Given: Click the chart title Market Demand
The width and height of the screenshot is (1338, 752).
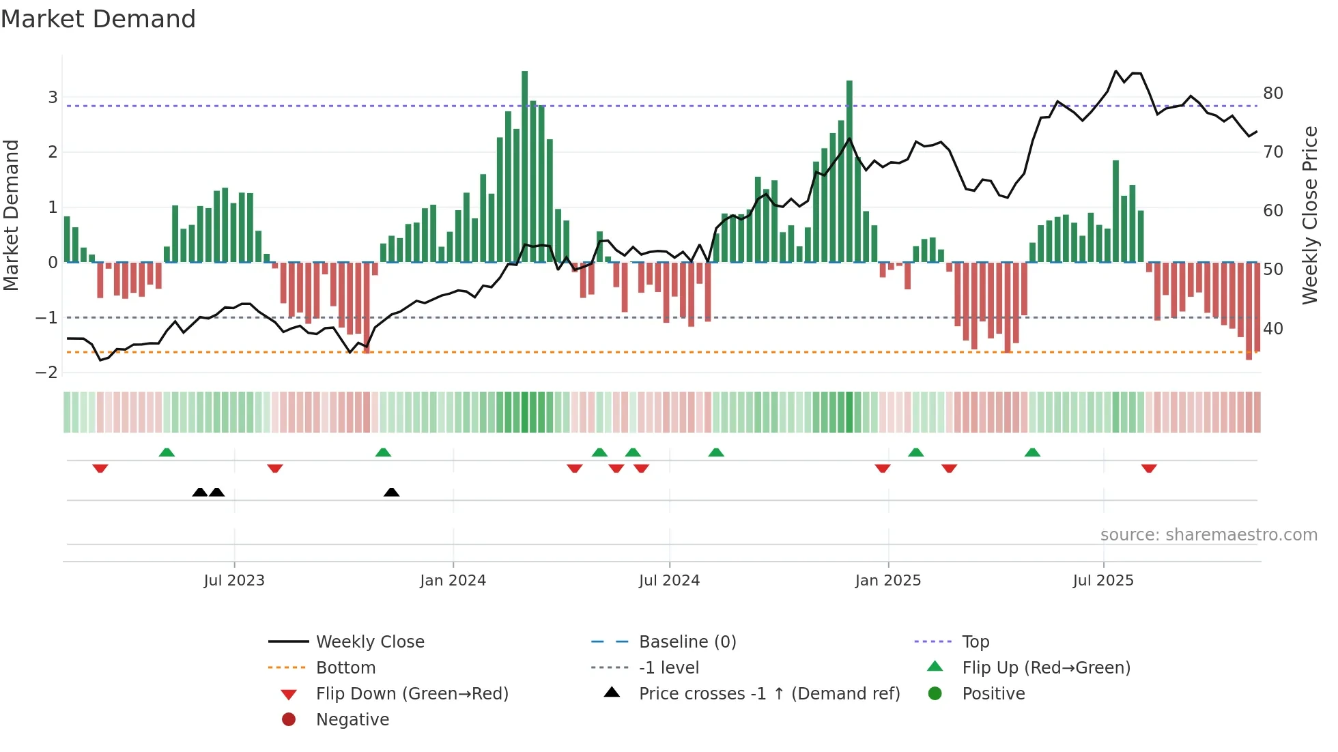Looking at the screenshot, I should tap(98, 19).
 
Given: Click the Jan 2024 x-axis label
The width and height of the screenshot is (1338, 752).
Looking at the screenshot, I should tap(453, 581).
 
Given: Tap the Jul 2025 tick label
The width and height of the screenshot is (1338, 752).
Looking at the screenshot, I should tap(1102, 581).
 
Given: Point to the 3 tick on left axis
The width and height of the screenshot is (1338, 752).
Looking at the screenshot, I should tap(53, 97).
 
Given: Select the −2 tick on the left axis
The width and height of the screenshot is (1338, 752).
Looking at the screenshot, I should tap(47, 373).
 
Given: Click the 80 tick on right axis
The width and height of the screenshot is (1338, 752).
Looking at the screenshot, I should tap(1273, 93).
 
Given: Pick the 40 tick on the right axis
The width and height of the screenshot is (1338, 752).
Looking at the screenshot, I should tap(1273, 328).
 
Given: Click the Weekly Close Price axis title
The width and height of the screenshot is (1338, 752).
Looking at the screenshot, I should tap(1309, 215).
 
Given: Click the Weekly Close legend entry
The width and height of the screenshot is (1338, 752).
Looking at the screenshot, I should tap(369, 642).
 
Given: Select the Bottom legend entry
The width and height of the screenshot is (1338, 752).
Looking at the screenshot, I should tap(345, 668).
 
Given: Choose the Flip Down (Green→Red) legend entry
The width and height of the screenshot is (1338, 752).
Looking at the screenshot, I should tap(412, 694).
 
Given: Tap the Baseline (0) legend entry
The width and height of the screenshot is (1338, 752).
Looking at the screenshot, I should tap(687, 642).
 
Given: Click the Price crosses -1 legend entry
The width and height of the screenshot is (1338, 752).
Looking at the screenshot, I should tap(769, 694).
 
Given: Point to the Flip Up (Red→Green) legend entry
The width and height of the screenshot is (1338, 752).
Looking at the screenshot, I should tap(1046, 668).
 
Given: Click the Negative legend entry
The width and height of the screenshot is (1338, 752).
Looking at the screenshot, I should tap(352, 720).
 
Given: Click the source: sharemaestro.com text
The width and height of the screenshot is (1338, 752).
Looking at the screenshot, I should tap(1208, 535).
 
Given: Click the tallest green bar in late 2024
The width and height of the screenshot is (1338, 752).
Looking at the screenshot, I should tap(849, 171).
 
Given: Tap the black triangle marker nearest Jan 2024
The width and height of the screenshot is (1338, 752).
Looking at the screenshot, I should tap(391, 492).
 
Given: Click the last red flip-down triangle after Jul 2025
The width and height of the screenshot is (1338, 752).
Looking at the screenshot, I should tap(1149, 468).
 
